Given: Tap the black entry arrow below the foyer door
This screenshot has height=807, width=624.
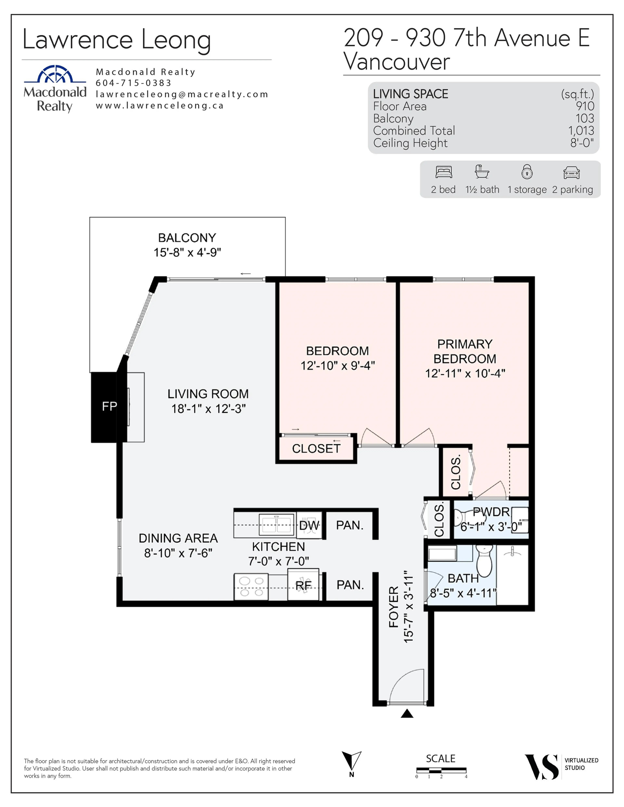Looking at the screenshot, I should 407,713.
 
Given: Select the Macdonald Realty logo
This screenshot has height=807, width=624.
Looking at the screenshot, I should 55,89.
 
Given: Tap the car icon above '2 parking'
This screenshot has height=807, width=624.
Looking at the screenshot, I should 572,172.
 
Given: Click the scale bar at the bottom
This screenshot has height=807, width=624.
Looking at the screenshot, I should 441,770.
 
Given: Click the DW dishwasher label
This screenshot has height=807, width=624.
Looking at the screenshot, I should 309,525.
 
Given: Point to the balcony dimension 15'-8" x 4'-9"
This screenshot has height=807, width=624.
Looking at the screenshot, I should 187,252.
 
